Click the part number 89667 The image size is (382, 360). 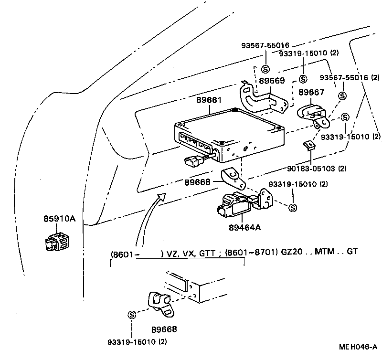[x=311, y=93]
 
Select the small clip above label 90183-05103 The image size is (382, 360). [x=309, y=145]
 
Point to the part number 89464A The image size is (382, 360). [x=245, y=227]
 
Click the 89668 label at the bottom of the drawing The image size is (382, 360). [x=164, y=329]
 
